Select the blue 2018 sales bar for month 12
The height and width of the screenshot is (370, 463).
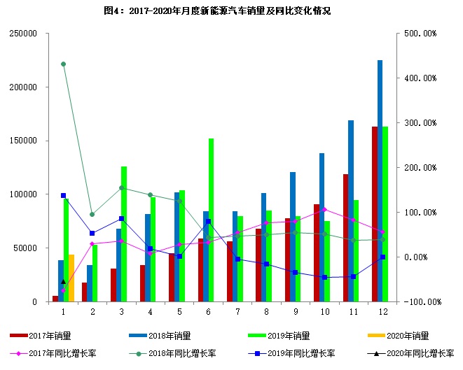coord(380,180)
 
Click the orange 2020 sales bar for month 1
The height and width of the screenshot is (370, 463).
coord(71,278)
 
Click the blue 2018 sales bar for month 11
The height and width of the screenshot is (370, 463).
coord(351,211)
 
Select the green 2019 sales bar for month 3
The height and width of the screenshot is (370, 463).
coord(124,234)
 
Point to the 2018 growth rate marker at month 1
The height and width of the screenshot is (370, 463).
coord(63,64)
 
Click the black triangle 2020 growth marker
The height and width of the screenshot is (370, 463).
coord(63,281)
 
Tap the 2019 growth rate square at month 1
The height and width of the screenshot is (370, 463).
coord(63,195)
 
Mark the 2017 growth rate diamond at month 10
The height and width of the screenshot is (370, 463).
coord(324,209)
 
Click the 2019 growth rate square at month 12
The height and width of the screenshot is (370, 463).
coord(382,257)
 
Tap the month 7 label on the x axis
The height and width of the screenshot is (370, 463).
coord(237,311)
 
